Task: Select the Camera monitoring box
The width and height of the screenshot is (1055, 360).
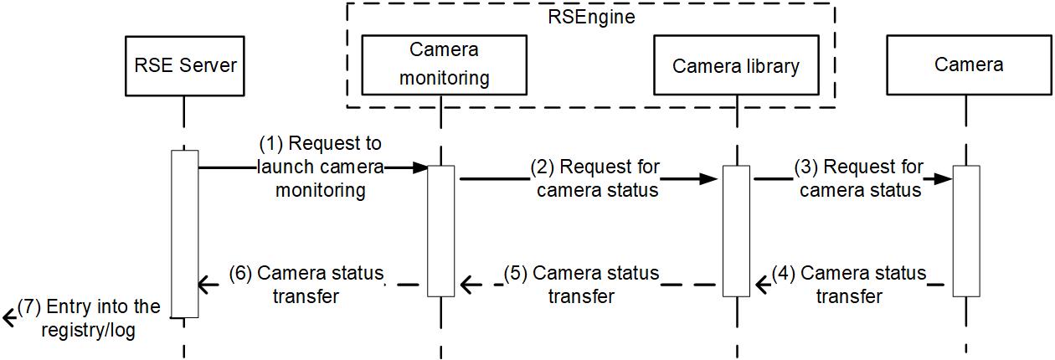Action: coord(444,64)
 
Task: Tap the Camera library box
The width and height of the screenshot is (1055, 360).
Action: coord(736,65)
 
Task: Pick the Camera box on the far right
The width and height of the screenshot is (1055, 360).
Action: coord(970,64)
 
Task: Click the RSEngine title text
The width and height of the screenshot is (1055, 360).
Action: coord(591,16)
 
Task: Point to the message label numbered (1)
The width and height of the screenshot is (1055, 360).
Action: coord(320,167)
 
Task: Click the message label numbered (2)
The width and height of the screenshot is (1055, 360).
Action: coord(597,177)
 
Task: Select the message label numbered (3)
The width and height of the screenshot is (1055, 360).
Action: coord(859,177)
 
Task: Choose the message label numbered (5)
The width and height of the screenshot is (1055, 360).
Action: coord(582,285)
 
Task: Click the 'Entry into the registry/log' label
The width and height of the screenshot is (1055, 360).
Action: coord(89,318)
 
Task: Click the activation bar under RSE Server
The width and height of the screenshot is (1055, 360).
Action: coord(185,234)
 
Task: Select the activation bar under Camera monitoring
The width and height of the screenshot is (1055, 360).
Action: coord(441,231)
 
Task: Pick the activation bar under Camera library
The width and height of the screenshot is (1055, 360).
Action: coord(736,231)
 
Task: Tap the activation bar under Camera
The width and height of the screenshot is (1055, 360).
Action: coord(965,231)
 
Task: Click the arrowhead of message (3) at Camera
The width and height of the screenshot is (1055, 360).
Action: coord(945,178)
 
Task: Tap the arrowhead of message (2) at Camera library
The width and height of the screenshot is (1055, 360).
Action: coord(716,178)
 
